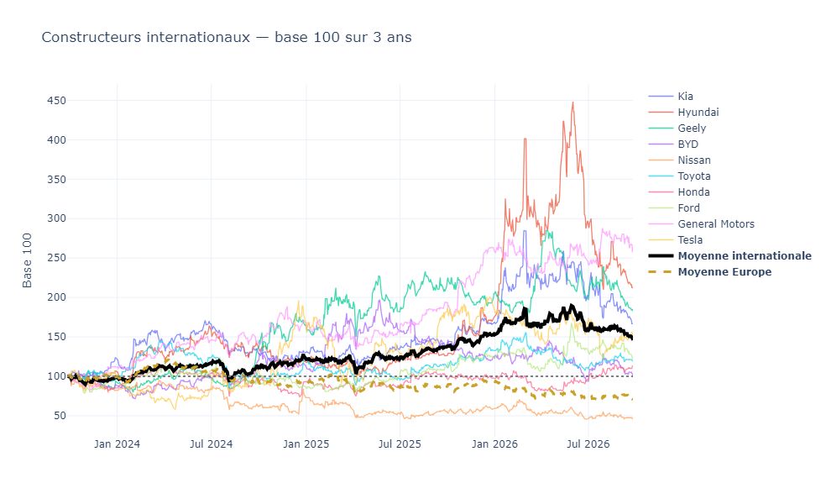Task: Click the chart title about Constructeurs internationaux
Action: tap(227, 38)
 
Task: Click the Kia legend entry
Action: tap(685, 97)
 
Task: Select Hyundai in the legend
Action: tap(698, 113)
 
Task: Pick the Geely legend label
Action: tap(692, 129)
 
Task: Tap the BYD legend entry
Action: tap(688, 144)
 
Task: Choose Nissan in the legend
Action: tap(694, 160)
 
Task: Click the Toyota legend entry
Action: tap(694, 176)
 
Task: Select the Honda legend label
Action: tap(693, 192)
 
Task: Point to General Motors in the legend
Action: tap(716, 224)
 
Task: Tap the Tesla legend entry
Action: tap(690, 240)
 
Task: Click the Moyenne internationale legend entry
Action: tap(745, 256)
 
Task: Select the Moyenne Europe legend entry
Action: tap(724, 272)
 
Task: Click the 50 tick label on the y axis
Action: tap(59, 416)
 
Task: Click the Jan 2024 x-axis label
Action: tap(117, 444)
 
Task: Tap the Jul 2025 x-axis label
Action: tap(400, 444)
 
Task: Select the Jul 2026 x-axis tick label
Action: tap(588, 444)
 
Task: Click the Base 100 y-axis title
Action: tap(28, 260)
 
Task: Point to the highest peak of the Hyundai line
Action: tap(572, 102)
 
